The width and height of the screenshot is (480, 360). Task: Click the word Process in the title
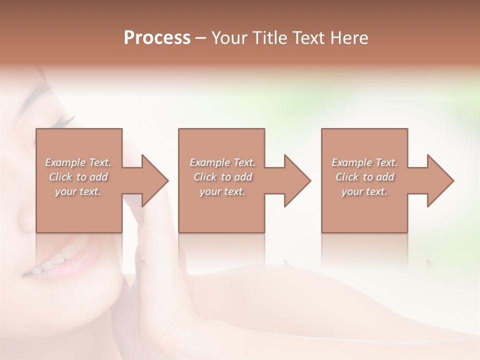click(157, 37)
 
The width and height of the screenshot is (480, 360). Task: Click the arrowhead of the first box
click(155, 180)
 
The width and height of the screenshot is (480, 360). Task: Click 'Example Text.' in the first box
click(78, 162)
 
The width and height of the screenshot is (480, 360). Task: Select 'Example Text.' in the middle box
click(222, 162)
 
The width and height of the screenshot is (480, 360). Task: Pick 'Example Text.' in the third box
click(364, 162)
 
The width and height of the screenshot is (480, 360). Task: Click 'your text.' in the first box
click(78, 191)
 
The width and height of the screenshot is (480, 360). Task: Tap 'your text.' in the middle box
click(222, 191)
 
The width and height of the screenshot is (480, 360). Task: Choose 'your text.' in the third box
click(364, 191)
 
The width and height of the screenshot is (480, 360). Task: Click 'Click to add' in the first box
click(78, 177)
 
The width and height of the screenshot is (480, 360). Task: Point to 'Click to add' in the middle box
click(222, 177)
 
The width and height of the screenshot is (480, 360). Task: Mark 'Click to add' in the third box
click(364, 177)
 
